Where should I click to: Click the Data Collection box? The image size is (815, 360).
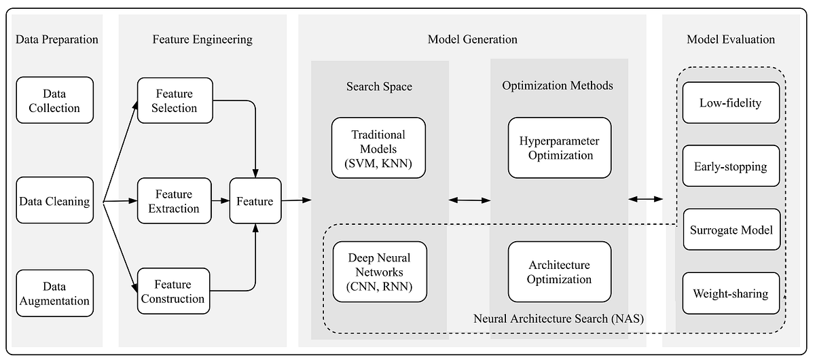[x=54, y=100]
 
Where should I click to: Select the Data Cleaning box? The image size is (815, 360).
[x=54, y=201]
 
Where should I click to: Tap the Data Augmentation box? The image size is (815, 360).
[x=54, y=293]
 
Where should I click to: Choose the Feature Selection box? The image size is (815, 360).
[x=175, y=101]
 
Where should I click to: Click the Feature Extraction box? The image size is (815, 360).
[x=174, y=201]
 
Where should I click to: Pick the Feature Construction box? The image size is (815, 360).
[x=174, y=291]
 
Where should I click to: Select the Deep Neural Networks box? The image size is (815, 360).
[x=379, y=272]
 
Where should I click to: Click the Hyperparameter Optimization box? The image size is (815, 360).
[x=560, y=148]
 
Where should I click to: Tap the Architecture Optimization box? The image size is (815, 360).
[x=560, y=272]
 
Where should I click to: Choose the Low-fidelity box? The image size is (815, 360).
[x=730, y=103]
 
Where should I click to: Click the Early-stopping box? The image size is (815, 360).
[x=730, y=166]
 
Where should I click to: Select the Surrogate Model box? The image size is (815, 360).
[x=731, y=230]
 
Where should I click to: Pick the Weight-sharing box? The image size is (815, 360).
[x=730, y=293]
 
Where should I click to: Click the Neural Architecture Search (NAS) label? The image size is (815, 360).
[x=558, y=317]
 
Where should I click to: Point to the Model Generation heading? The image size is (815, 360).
[x=472, y=39]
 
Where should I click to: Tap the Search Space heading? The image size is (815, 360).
[x=379, y=86]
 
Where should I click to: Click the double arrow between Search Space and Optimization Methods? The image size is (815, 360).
[x=469, y=200]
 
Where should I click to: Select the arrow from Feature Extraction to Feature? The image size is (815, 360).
[x=220, y=201]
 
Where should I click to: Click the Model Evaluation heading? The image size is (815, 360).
[x=730, y=39]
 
